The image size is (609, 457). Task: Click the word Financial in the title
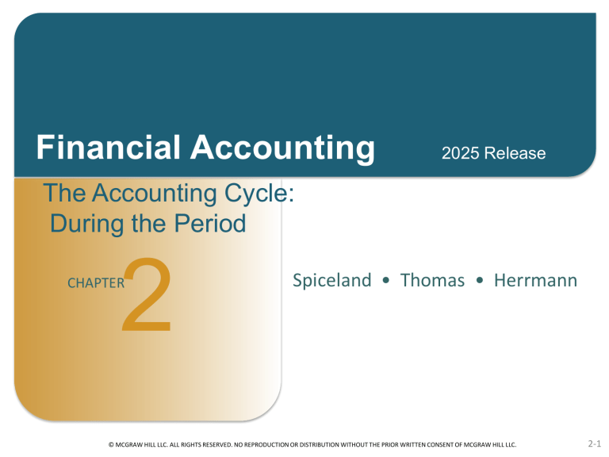pos(98,148)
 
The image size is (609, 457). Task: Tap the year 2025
pos(460,153)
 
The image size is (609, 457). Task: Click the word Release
pos(516,153)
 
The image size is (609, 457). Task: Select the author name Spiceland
pos(331,280)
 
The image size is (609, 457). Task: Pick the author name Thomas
pos(432,280)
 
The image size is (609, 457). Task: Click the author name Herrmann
pos(535,280)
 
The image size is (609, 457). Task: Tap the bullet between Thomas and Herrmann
pos(480,281)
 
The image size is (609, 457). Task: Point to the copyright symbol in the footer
pos(110,447)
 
